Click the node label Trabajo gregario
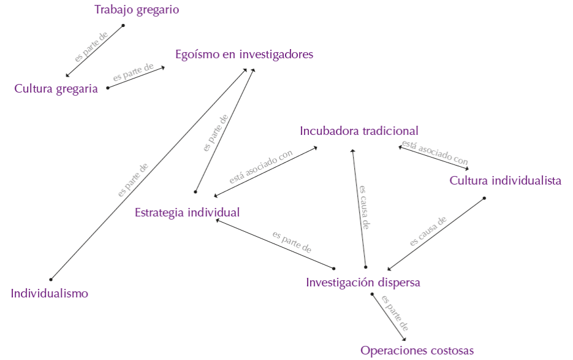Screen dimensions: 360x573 tap(137, 10)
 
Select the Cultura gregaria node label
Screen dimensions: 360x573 tap(56, 89)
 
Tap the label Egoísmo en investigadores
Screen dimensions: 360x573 tap(244, 55)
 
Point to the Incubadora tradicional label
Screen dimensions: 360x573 tap(359, 131)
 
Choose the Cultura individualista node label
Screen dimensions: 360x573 tap(506, 181)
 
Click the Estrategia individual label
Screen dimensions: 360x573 tap(187, 213)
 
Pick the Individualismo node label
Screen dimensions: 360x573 tap(50, 294)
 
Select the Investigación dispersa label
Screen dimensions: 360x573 tap(363, 283)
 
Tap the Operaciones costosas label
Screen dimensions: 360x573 tap(417, 351)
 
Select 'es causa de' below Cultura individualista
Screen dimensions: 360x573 tap(428, 231)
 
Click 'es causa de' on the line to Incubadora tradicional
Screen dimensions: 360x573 tap(363, 207)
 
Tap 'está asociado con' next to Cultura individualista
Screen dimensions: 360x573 tap(434, 152)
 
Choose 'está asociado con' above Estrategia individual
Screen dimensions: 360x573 tap(260, 167)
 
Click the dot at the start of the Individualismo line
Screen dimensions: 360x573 tap(51, 280)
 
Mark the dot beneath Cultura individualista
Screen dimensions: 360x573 tap(484, 197)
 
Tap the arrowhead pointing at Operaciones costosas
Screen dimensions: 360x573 tap(405, 340)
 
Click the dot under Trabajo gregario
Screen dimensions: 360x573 tap(123, 25)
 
